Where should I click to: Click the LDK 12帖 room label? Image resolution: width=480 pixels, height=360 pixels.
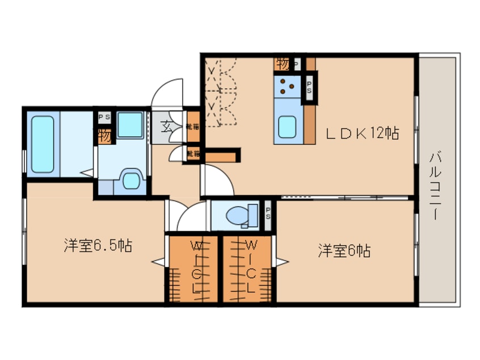coord(361,133)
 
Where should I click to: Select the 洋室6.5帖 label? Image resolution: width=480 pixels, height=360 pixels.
coord(98,246)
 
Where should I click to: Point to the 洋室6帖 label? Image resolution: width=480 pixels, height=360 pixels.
coord(344,250)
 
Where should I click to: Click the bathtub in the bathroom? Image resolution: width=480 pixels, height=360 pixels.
coord(43,144)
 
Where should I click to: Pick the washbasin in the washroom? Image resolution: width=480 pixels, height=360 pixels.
coord(131,181)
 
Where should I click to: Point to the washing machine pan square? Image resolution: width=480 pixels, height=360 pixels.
coord(131,124)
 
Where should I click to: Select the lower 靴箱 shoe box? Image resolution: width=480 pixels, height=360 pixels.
coord(193,153)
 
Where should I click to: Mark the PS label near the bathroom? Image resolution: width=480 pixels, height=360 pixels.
coord(104,118)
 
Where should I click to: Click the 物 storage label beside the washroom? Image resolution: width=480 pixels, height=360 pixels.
coord(104,136)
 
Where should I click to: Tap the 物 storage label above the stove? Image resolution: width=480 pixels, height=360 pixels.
coord(283,64)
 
